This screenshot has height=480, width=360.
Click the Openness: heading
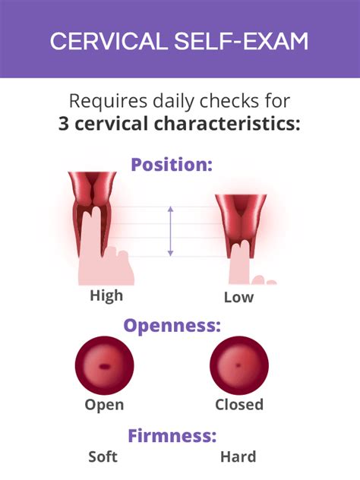(172, 327)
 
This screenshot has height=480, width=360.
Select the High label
(106, 295)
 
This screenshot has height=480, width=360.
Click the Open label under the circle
(103, 404)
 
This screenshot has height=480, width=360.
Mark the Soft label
(103, 457)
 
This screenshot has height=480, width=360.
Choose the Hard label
(238, 457)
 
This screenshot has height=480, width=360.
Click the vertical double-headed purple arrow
(171, 231)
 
